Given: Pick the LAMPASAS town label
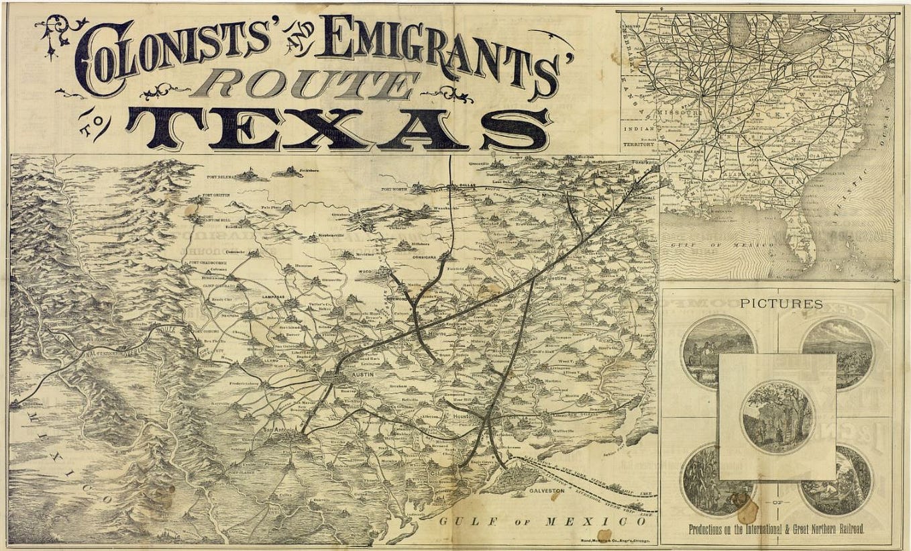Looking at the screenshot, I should [x=275, y=296].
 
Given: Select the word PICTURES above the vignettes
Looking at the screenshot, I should [x=781, y=304].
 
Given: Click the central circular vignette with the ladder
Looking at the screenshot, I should [x=777, y=417].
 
